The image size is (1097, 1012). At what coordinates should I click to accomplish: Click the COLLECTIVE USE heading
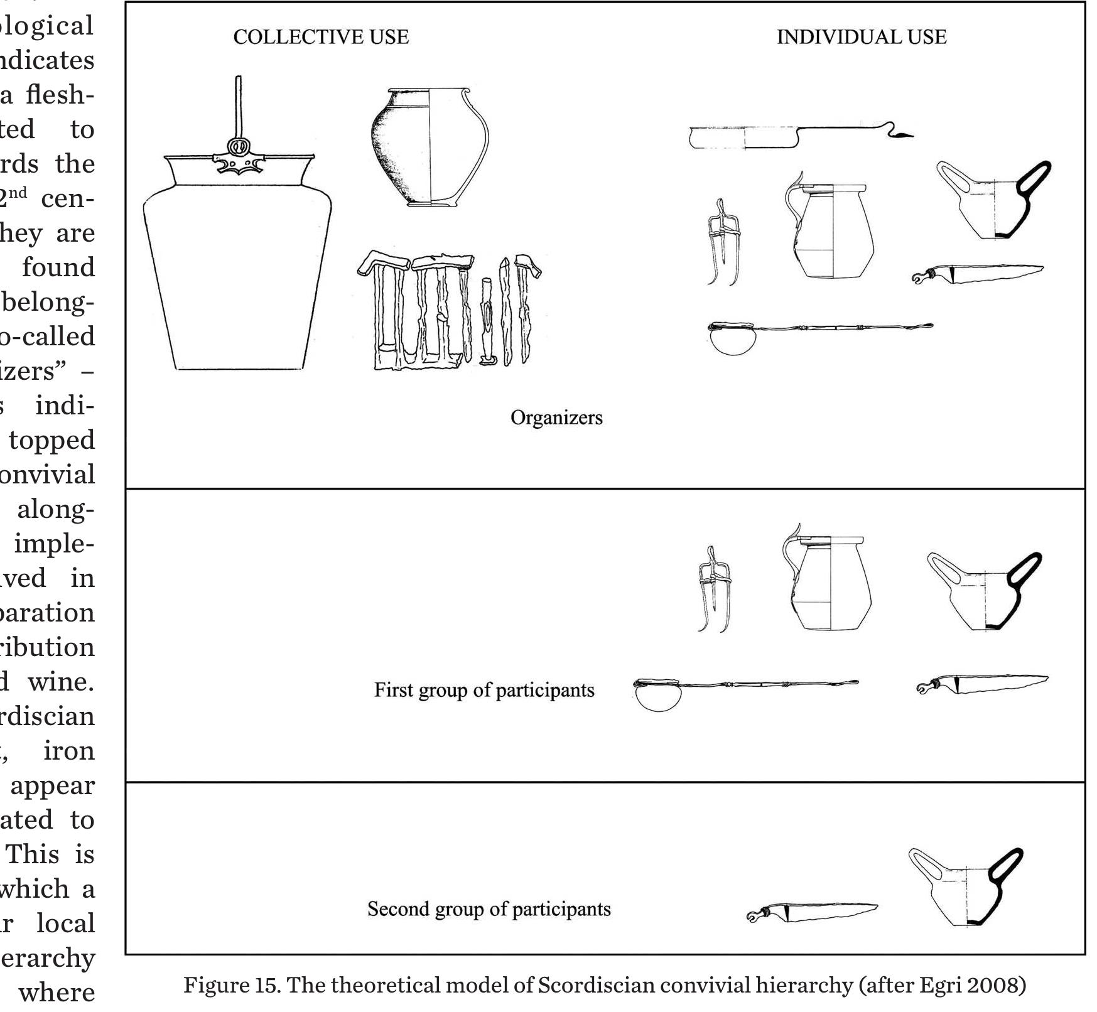[x=321, y=37]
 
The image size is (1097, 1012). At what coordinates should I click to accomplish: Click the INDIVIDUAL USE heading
[x=861, y=37]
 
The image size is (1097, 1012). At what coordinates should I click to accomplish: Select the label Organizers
[x=556, y=417]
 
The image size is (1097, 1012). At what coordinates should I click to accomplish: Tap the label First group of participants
[x=484, y=690]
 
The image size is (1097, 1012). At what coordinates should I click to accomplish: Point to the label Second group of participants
[x=489, y=909]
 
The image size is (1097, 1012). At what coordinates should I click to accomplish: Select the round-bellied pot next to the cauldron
[x=430, y=148]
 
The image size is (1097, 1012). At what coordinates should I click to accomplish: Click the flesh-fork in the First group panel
[x=714, y=590]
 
